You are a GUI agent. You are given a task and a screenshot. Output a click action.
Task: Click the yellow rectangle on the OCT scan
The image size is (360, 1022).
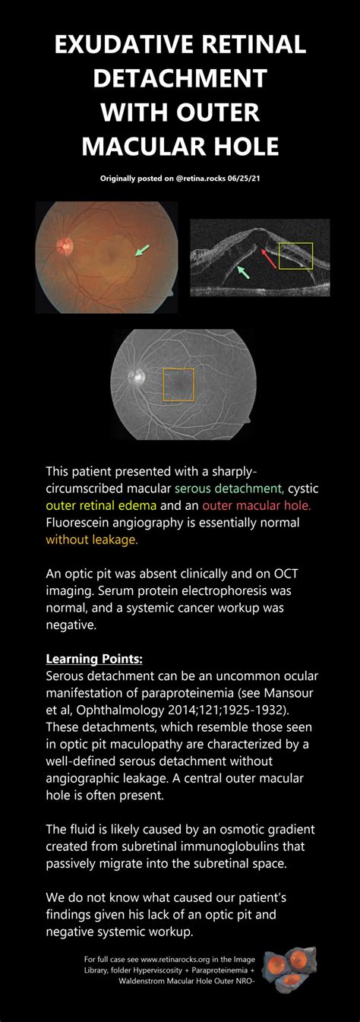point(295,255)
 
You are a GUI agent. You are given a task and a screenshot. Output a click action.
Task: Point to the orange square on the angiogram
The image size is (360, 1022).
point(178,385)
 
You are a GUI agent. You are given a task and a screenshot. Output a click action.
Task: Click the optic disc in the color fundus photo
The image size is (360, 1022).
point(64,245)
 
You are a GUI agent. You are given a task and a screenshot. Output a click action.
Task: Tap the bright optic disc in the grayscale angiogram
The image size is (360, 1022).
point(138,376)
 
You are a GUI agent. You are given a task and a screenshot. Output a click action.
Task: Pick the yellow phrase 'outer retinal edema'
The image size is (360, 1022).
point(101,505)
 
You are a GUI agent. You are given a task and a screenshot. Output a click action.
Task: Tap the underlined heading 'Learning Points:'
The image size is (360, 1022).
point(93,657)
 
